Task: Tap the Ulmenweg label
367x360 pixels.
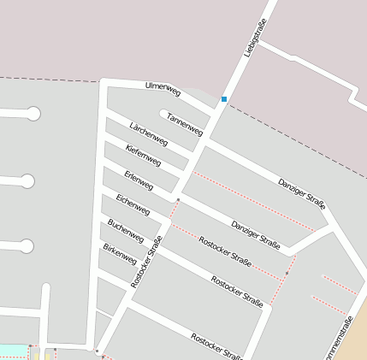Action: coord(163,87)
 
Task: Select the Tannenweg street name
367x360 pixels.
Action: coord(185,125)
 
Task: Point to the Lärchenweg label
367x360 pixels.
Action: coord(147,133)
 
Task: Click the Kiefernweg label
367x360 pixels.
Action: coord(143,156)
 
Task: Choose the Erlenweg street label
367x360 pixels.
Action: coord(139,180)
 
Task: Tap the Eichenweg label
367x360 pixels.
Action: coord(133,204)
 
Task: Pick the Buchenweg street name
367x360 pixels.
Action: coord(126,230)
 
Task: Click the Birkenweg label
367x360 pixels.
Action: coord(120,254)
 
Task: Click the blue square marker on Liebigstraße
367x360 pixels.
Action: coord(224,99)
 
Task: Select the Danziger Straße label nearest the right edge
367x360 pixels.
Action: coord(302,194)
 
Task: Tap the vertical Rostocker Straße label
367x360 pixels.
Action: coord(146,261)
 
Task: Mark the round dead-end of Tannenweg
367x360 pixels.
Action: coord(163,112)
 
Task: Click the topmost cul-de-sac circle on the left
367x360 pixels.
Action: coord(33,113)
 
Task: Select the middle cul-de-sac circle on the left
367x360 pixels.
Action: coord(27,181)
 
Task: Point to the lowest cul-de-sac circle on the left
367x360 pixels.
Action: coord(27,246)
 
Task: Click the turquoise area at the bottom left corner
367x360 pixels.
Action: coord(12,351)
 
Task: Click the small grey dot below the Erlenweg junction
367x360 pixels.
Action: coord(178,200)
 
